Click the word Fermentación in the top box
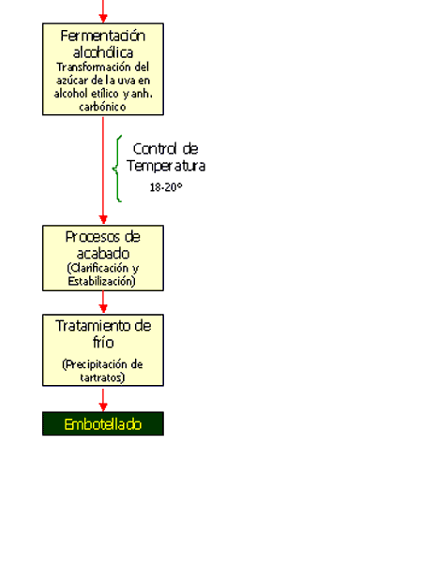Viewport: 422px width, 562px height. [102, 36]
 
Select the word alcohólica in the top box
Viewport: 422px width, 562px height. [103, 52]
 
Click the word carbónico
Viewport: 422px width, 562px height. [102, 107]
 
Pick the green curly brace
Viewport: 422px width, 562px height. [117, 169]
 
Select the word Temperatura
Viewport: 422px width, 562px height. [166, 166]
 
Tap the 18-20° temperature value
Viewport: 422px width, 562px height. [166, 187]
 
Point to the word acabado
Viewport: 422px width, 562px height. [103, 254]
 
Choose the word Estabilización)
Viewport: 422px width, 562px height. [102, 281]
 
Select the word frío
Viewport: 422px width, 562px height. [103, 342]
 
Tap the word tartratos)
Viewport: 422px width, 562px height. [102, 377]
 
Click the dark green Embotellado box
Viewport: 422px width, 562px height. [103, 423]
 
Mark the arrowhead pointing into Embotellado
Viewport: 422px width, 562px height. [103, 407]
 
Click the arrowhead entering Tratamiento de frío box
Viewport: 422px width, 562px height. [103, 309]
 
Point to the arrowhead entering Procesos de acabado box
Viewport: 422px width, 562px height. [103, 220]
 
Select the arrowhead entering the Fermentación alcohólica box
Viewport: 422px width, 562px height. [103, 18]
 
